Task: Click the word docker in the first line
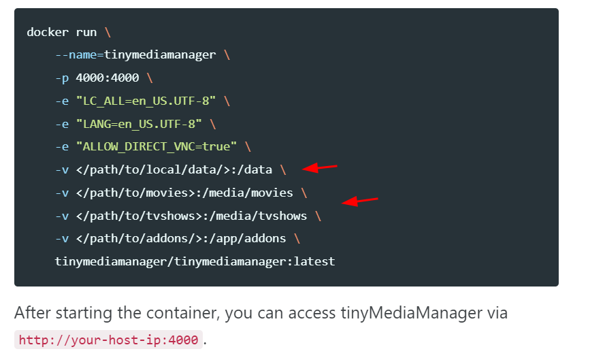pyautogui.click(x=48, y=32)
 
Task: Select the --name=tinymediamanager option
pyautogui.click(x=135, y=55)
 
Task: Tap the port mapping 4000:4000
pyautogui.click(x=108, y=78)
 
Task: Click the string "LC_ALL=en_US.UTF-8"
pyautogui.click(x=146, y=101)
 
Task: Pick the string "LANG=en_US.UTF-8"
pyautogui.click(x=139, y=124)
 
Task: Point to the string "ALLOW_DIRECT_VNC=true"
pyautogui.click(x=157, y=146)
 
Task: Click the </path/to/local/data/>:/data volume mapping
pyautogui.click(x=174, y=169)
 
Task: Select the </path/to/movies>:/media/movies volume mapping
pyautogui.click(x=184, y=193)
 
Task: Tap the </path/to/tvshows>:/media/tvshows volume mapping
pyautogui.click(x=191, y=216)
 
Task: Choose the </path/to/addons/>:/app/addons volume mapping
pyautogui.click(x=181, y=238)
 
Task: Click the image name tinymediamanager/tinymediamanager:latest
pyautogui.click(x=195, y=261)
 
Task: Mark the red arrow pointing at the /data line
pyautogui.click(x=319, y=167)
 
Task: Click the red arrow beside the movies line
pyautogui.click(x=359, y=201)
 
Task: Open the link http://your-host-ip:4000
pyautogui.click(x=108, y=340)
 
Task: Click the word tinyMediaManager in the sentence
pyautogui.click(x=411, y=312)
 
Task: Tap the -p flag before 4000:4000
pyautogui.click(x=62, y=78)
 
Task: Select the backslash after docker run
pyautogui.click(x=108, y=32)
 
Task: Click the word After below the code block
pyautogui.click(x=33, y=312)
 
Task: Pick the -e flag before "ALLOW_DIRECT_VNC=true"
pyautogui.click(x=62, y=147)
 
